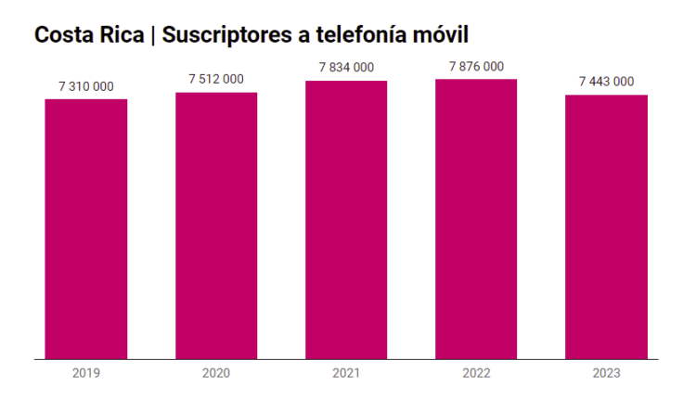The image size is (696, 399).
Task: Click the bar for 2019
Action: click(86, 228)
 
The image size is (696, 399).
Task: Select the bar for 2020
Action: click(216, 225)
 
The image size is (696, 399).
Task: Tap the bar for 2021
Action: click(346, 220)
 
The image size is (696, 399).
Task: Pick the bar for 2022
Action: click(476, 219)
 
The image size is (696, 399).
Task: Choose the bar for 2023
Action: click(606, 226)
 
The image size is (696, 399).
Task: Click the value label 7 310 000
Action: click(86, 86)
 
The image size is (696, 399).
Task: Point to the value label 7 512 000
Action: click(216, 79)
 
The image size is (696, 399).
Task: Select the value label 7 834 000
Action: click(346, 67)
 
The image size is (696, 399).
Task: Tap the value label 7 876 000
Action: click(476, 66)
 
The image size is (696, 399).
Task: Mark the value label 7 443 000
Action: click(606, 82)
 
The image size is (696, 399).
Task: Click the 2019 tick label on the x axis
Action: click(86, 373)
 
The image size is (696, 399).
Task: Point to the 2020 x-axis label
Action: click(216, 373)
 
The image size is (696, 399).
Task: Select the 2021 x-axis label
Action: click(346, 373)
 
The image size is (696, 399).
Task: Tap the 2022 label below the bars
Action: click(476, 373)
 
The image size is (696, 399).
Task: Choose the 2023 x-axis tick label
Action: click(606, 373)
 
